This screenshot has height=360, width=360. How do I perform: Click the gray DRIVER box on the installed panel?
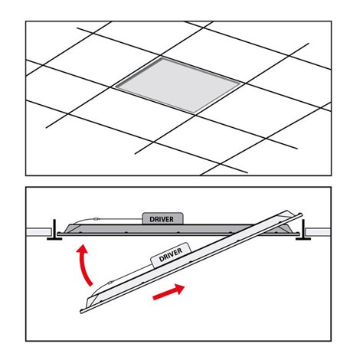(162, 218)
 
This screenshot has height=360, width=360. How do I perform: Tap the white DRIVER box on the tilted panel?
(171, 254)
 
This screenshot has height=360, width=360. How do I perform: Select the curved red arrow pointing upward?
(85, 265)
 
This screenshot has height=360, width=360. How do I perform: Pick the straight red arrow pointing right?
(169, 292)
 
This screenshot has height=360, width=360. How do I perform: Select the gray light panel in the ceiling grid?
(178, 85)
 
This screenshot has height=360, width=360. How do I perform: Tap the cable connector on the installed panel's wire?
(97, 219)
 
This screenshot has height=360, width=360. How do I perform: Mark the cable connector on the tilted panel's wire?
(110, 283)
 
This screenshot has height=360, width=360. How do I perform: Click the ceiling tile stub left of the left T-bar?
(39, 232)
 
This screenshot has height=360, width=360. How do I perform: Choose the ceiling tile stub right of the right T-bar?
(318, 232)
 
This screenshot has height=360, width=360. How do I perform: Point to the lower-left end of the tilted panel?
(82, 311)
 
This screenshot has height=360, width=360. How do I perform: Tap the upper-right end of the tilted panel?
(300, 215)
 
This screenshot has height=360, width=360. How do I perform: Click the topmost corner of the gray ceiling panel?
(162, 57)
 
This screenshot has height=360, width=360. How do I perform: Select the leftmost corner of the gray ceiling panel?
(115, 87)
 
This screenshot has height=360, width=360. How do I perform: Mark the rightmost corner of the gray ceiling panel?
(241, 83)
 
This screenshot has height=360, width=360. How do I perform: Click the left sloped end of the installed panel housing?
(69, 228)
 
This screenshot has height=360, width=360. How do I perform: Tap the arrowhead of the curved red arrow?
(83, 248)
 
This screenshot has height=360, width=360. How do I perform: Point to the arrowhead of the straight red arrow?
(179, 289)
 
